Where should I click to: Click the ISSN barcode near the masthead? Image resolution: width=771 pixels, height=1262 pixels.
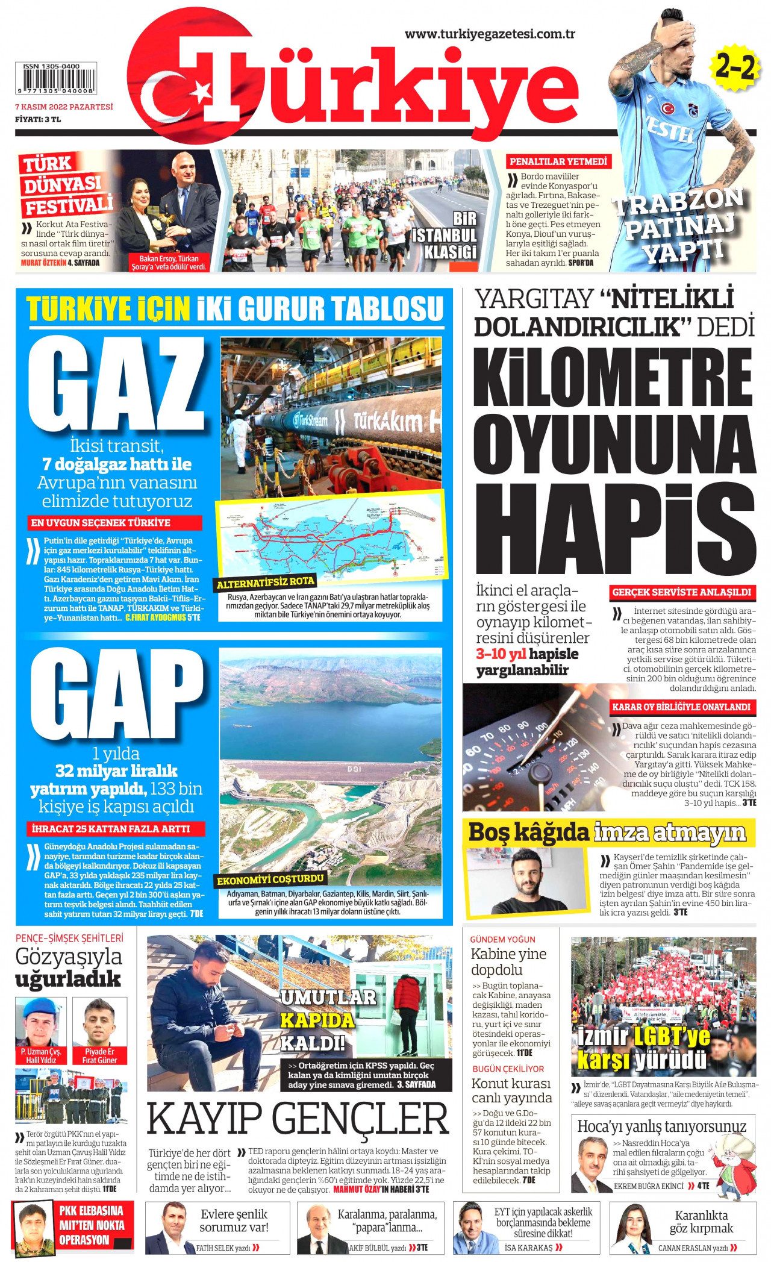(55, 80)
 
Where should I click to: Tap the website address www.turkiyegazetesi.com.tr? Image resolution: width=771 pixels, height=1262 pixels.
(489, 34)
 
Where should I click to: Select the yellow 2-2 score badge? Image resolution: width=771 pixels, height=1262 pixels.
(734, 68)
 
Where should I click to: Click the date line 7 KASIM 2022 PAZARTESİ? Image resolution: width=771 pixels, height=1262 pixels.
(64, 107)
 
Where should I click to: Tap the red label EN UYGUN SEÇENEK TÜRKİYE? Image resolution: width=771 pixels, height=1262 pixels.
(114, 523)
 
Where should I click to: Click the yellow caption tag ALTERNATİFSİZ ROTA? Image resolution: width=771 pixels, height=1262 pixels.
(266, 583)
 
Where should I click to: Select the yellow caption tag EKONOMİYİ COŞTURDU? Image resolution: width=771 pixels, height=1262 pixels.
(270, 880)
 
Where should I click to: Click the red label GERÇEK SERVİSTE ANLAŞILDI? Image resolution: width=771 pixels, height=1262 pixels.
(682, 592)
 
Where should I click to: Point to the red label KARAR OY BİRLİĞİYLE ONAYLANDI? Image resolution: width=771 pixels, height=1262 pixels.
(682, 707)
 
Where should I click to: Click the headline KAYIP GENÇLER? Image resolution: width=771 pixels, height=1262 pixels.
(298, 1119)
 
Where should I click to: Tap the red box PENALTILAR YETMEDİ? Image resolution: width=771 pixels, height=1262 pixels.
(558, 161)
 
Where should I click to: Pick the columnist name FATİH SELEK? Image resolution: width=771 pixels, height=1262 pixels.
(214, 1248)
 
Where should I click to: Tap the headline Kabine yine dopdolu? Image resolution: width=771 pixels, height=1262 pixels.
(509, 961)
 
